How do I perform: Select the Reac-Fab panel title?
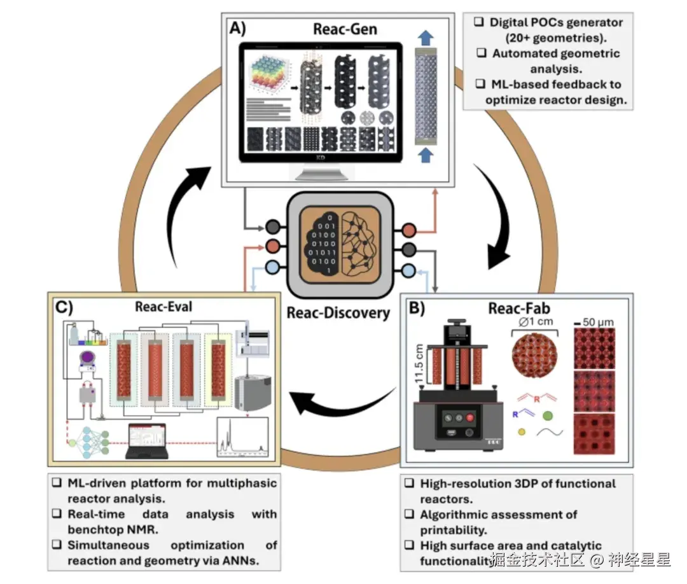pos(514,308)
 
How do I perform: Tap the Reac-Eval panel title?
pos(163,307)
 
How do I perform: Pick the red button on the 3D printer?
pos(470,418)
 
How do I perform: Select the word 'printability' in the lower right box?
pos(452,530)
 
